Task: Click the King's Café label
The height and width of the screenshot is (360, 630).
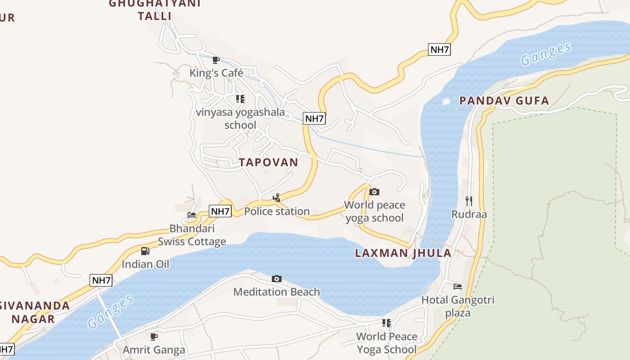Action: pyautogui.click(x=216, y=73)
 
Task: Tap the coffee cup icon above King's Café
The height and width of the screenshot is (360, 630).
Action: pyautogui.click(x=216, y=59)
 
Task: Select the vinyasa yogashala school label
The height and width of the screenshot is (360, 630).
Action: pyautogui.click(x=240, y=118)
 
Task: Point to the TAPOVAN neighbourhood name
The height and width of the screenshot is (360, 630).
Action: pyautogui.click(x=269, y=162)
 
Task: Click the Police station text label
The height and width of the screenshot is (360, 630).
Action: pyautogui.click(x=277, y=211)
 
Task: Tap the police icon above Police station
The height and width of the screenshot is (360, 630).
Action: pyautogui.click(x=277, y=198)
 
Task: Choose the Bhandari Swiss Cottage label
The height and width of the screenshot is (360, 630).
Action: pyautogui.click(x=192, y=235)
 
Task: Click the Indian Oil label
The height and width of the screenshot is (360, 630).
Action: pyautogui.click(x=145, y=264)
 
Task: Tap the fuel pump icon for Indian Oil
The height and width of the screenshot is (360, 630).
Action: pyautogui.click(x=145, y=251)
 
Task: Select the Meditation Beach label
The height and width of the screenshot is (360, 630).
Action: pyautogui.click(x=276, y=292)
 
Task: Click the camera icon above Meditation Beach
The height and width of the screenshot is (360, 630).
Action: pyautogui.click(x=277, y=279)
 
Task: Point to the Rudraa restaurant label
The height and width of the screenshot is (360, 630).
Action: pyautogui.click(x=469, y=214)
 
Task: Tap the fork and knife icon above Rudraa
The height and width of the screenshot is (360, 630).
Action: pyautogui.click(x=469, y=201)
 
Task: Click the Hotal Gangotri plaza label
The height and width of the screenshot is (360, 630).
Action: pyautogui.click(x=458, y=306)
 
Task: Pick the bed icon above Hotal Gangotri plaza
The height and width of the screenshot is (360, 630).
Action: pyautogui.click(x=458, y=287)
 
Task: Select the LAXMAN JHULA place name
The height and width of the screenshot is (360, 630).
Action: pyautogui.click(x=403, y=253)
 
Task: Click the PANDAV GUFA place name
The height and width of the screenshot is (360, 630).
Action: pyautogui.click(x=504, y=101)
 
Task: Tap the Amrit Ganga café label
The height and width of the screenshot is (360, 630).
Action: pyautogui.click(x=154, y=350)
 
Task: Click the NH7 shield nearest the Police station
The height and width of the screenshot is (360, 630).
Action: pyautogui.click(x=220, y=211)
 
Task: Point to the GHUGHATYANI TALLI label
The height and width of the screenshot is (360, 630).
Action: pyautogui.click(x=155, y=10)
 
